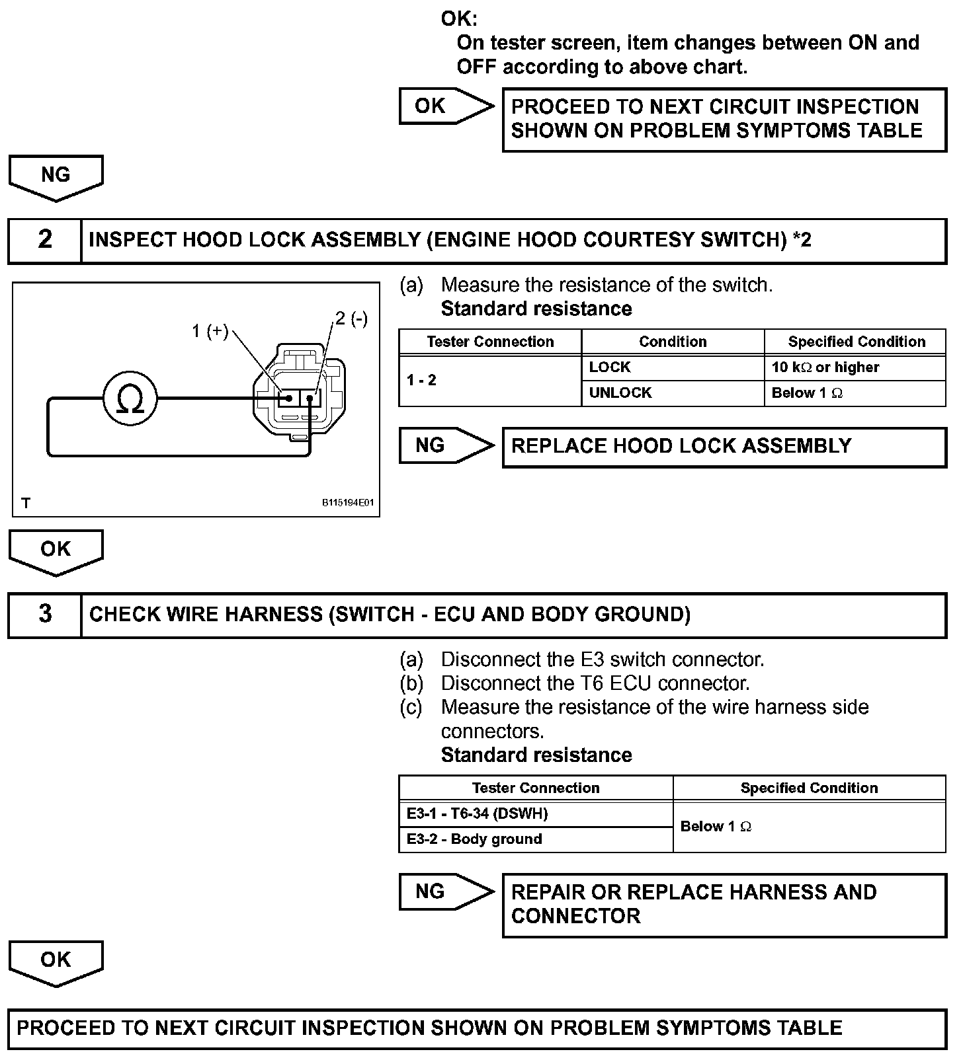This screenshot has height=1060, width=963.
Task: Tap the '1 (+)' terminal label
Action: [210, 330]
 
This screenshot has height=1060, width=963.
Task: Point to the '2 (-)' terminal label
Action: [351, 319]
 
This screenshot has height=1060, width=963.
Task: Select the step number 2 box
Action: [45, 240]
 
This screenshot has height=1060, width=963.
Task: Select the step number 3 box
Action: [45, 614]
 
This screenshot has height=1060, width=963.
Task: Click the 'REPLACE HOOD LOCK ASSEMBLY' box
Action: [724, 447]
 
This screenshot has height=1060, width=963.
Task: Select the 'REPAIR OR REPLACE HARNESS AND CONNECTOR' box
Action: [724, 905]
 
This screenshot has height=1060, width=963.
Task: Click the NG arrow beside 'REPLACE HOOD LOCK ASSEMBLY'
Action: [445, 445]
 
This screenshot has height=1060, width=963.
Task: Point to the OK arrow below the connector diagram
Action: [56, 550]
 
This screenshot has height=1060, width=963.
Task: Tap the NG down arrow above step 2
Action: [56, 176]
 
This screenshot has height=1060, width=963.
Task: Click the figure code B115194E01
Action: [348, 503]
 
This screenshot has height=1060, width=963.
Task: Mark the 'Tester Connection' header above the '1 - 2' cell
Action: [490, 342]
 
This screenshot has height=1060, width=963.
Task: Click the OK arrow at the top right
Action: [445, 106]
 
